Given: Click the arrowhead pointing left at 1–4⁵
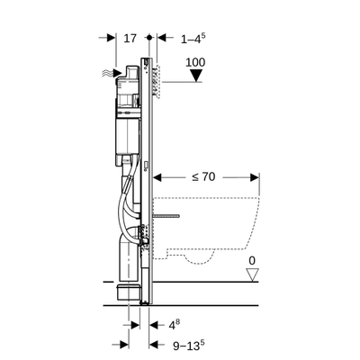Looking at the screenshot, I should (x=162, y=39).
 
